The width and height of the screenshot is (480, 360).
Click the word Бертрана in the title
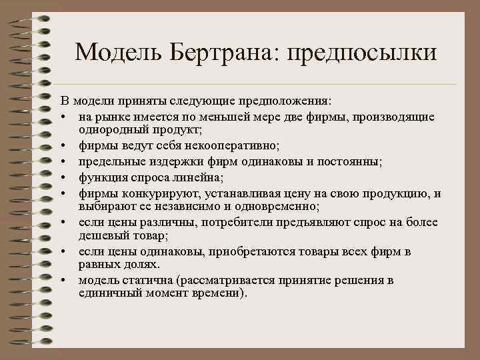[x=219, y=53]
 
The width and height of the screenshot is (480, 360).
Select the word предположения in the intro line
[x=292, y=101]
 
